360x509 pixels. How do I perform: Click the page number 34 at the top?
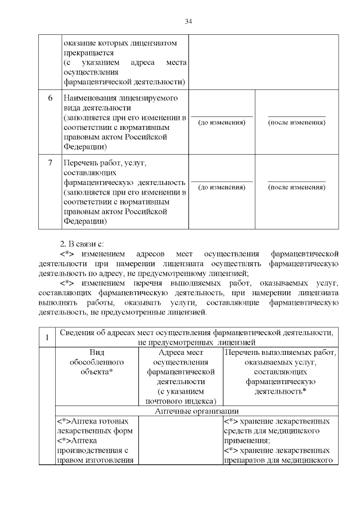[188, 21]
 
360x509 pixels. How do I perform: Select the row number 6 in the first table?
[49, 98]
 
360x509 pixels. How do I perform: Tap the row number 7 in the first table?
[49, 163]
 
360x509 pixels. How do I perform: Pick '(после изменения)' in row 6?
[296, 122]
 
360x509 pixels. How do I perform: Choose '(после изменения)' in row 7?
[296, 187]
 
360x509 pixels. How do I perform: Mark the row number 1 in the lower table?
[47, 337]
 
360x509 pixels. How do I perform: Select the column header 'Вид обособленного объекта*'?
[97, 362]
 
